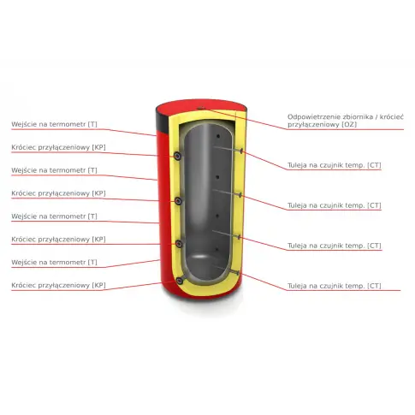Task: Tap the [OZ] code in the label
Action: (x=349, y=125)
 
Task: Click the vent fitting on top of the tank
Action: (x=200, y=108)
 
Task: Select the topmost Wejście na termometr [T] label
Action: (x=54, y=124)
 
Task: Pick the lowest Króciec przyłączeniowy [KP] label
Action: (x=58, y=285)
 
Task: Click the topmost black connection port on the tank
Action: (x=178, y=156)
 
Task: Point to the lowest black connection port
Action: (x=180, y=281)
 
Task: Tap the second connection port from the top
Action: (x=179, y=201)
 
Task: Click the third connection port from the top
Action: (x=179, y=244)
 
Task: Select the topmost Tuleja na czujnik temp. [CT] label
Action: (x=335, y=165)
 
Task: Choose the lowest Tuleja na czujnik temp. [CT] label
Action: (x=335, y=286)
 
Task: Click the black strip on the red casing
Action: (x=162, y=121)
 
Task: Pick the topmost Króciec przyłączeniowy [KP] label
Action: (x=58, y=147)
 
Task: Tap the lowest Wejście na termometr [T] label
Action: (x=54, y=262)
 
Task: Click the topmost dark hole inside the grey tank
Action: (x=218, y=136)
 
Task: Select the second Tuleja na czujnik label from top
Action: (x=335, y=205)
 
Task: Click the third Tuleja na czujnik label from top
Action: (x=335, y=246)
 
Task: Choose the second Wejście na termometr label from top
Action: (x=54, y=170)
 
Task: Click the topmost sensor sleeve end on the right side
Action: (x=241, y=151)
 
